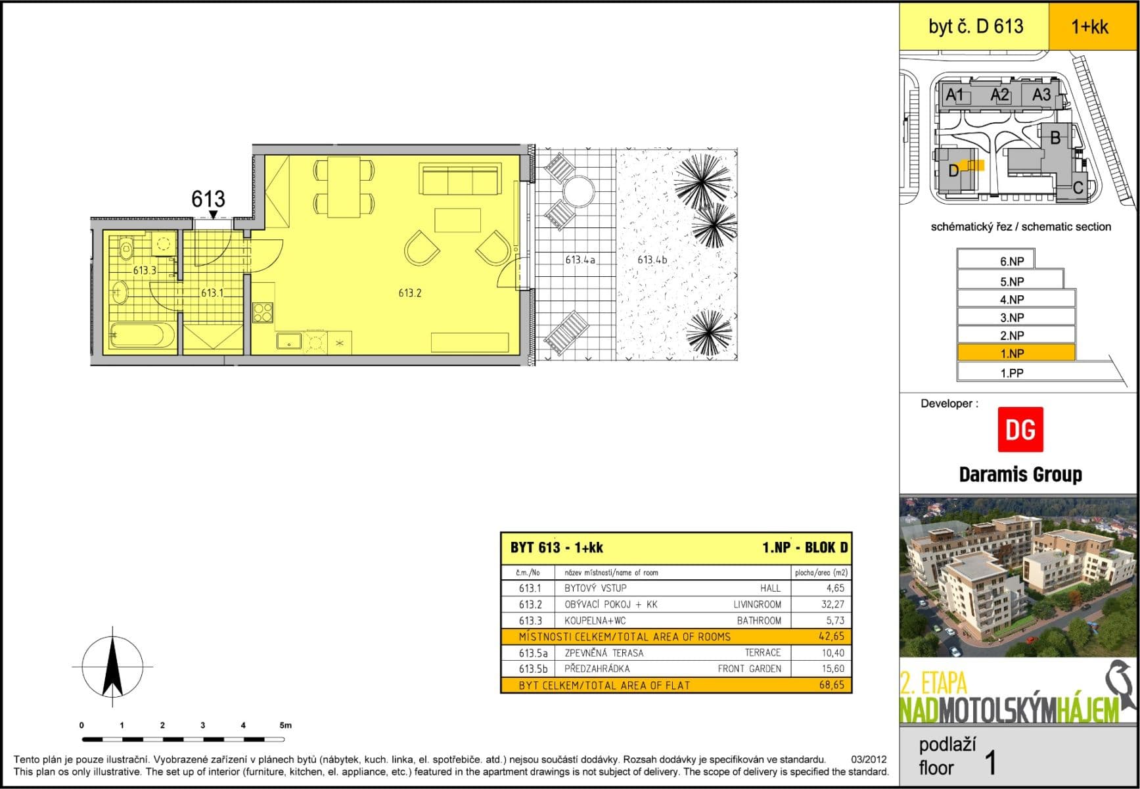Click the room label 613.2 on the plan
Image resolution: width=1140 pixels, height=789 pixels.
click(409, 293)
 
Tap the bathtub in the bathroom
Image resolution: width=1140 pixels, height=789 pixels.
click(142, 335)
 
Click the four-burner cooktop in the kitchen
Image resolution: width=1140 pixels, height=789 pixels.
click(263, 312)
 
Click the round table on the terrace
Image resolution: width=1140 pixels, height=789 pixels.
click(578, 191)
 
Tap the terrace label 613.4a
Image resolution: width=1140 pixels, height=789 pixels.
click(580, 260)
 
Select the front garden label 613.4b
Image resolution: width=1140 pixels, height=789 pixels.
click(652, 260)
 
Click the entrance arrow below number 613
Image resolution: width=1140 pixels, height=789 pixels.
click(213, 214)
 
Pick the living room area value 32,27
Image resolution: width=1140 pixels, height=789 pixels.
click(832, 604)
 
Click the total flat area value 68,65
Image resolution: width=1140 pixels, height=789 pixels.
click(832, 685)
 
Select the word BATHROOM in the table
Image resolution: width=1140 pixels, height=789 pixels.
click(759, 621)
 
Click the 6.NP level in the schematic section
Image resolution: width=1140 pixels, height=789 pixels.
click(1011, 261)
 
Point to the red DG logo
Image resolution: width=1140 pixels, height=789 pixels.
click(1020, 429)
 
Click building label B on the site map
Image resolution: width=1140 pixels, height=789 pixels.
click(1055, 138)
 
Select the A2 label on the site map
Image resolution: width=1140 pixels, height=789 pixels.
click(999, 95)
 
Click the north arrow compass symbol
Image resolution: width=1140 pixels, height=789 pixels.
click(112, 667)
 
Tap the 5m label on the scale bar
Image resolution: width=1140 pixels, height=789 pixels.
click(285, 725)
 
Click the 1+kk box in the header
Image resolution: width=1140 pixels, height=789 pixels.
click(1089, 26)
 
